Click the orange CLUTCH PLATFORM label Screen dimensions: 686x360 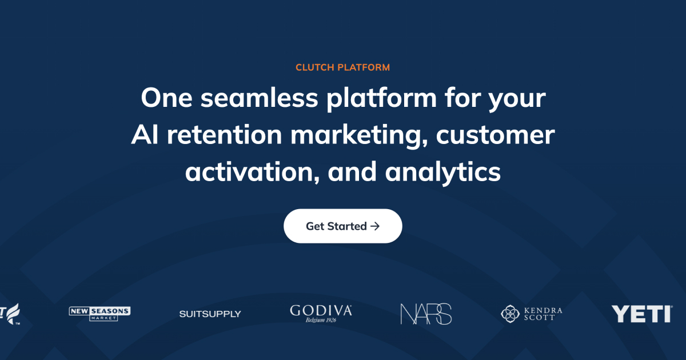(342, 67)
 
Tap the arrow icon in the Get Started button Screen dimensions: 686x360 (375, 226)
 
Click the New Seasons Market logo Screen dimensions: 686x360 (99, 314)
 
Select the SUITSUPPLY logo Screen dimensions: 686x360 (210, 314)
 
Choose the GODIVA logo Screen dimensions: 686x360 (321, 314)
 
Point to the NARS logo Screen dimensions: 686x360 (426, 314)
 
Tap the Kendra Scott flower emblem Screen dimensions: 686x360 (510, 314)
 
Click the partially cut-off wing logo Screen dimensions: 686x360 (10, 314)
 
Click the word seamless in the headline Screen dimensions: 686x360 (260, 98)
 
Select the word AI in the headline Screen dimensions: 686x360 (145, 135)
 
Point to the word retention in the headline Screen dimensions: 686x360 (224, 135)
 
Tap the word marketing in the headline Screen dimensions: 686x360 (359, 136)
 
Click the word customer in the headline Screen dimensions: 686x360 (495, 135)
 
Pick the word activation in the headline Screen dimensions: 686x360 (253, 172)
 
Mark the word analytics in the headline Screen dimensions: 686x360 (443, 173)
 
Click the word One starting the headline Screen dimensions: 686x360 (166, 98)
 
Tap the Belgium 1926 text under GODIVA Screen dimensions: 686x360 (321, 320)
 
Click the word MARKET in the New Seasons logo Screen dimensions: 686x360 (103, 318)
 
